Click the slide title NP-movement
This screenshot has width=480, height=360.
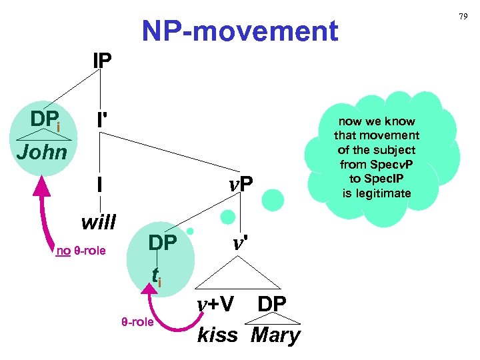coord(240,31)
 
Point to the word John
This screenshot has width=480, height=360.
coord(41,152)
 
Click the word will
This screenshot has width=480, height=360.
coord(98,221)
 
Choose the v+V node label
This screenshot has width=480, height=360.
coord(215,304)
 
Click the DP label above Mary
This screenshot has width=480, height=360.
coord(272,304)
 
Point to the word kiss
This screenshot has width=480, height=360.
coord(217,335)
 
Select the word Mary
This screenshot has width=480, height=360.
coord(275,335)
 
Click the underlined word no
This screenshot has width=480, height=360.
coord(63,251)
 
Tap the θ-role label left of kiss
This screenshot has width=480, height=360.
coord(137,322)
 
